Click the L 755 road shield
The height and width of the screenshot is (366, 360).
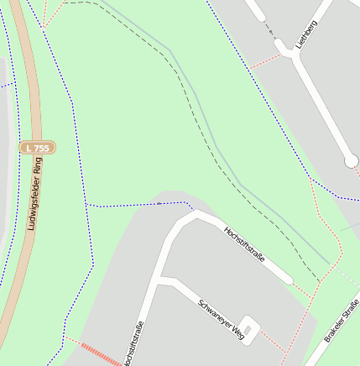click(x=38, y=148)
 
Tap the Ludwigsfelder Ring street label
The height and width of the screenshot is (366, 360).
click(x=35, y=196)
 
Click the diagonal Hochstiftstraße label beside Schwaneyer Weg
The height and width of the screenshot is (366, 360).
click(x=244, y=244)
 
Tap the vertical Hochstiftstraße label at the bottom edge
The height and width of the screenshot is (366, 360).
click(x=133, y=344)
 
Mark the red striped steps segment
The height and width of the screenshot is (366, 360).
click(x=100, y=353)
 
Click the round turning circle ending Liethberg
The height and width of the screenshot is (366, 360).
click(x=351, y=160)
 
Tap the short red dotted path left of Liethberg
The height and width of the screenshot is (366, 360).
click(x=263, y=61)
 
